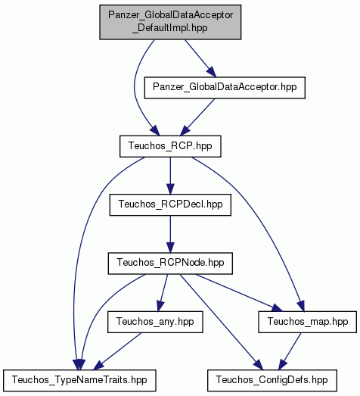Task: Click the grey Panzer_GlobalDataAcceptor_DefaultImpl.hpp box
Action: tap(170, 22)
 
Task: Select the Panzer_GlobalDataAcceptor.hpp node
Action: tap(225, 87)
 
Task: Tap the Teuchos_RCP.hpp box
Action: tap(170, 146)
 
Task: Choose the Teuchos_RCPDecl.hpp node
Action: tap(170, 204)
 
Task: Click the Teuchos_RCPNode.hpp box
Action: tap(170, 263)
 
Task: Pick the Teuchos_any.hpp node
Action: tap(155, 322)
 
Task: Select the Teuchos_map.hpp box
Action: tap(308, 322)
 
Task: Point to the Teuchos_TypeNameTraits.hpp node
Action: tap(79, 380)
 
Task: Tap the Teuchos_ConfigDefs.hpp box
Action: tap(272, 380)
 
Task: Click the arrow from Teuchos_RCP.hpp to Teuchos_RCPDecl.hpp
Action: tap(170, 176)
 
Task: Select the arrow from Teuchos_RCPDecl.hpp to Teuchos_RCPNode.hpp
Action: tap(170, 234)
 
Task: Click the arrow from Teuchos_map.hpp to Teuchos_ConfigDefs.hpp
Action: tap(290, 351)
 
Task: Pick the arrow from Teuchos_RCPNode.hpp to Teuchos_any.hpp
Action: tap(162, 293)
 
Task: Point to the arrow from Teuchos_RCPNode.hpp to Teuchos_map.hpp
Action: tap(238, 292)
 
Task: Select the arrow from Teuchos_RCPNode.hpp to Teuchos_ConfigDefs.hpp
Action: tap(221, 322)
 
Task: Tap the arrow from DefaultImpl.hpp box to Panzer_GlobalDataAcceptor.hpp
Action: tap(200, 58)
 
